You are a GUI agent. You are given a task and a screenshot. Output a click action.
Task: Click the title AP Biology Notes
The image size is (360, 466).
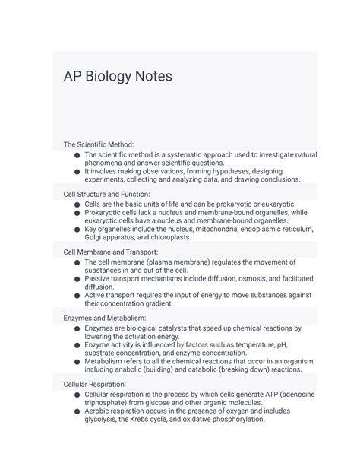(118, 77)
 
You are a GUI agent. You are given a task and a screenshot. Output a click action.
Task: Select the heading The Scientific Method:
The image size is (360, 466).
(98, 144)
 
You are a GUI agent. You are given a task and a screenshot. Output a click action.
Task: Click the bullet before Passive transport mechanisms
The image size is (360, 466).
(77, 279)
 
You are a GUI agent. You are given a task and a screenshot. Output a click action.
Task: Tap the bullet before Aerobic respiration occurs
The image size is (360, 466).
(77, 411)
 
